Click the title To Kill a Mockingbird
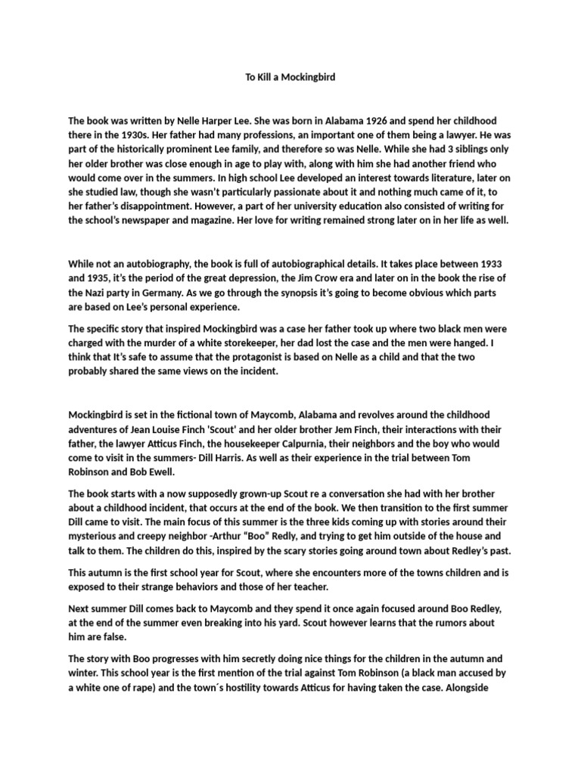pyautogui.click(x=290, y=77)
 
